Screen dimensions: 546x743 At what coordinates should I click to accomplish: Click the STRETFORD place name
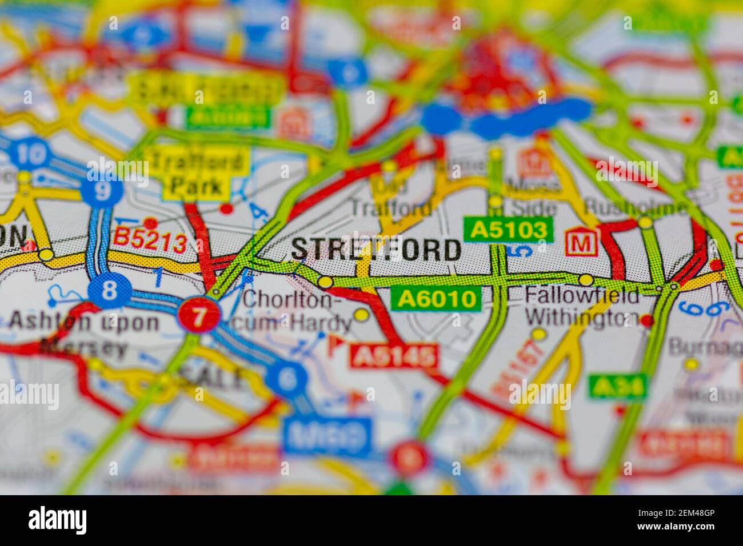pos(376,250)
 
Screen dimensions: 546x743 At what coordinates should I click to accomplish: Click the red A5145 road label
pos(394,357)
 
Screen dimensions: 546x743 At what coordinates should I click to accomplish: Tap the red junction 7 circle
pos(198,315)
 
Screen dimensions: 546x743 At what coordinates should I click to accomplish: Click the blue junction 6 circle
pos(286,378)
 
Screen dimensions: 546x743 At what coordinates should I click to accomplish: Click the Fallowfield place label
pos(582,295)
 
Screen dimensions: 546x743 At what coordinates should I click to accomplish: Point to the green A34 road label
pos(618,387)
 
